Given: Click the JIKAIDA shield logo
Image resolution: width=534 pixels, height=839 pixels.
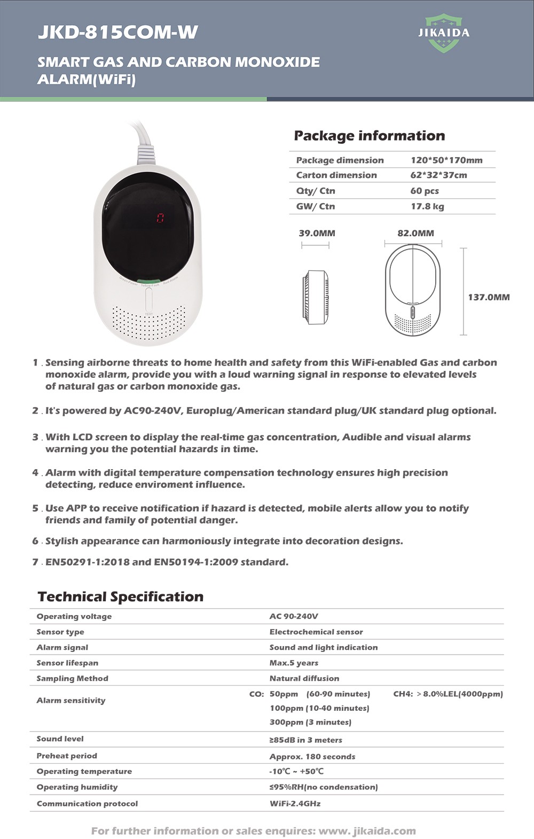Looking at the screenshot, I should (444, 33).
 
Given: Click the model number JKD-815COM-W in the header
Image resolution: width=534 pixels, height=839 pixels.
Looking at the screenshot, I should (117, 33).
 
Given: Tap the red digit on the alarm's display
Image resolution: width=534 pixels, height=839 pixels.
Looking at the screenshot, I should (160, 218).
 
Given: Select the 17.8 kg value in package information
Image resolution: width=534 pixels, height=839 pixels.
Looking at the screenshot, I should (427, 206).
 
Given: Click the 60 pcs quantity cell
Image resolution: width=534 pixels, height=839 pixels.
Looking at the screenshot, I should (424, 191).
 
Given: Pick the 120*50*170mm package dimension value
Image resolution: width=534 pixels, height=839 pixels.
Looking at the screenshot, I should (446, 160).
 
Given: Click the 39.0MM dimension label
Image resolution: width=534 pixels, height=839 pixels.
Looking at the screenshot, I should (317, 233).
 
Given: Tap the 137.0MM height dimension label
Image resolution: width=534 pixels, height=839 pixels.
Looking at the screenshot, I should (489, 297).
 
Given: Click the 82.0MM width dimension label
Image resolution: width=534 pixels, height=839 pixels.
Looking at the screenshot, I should (415, 233).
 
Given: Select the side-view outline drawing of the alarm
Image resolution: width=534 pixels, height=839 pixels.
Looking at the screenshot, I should (315, 297).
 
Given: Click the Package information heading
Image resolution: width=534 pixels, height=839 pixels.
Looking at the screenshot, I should (369, 136).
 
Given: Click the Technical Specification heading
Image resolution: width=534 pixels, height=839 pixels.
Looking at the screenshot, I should (121, 597).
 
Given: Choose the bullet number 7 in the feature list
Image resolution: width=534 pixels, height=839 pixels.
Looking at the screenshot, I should (35, 562).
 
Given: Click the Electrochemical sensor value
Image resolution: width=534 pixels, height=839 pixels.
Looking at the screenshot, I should (316, 632).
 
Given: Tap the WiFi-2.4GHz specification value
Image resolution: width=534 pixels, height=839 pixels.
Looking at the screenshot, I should (295, 803).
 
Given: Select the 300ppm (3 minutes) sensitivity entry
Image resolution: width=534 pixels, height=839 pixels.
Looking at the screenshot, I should (310, 722).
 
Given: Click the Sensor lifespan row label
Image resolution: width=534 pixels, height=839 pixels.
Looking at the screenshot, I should (67, 663).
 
